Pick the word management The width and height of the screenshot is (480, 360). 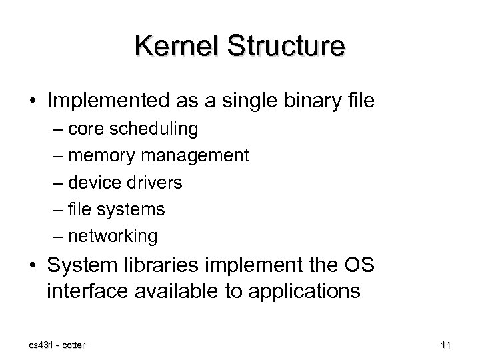click(193, 156)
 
